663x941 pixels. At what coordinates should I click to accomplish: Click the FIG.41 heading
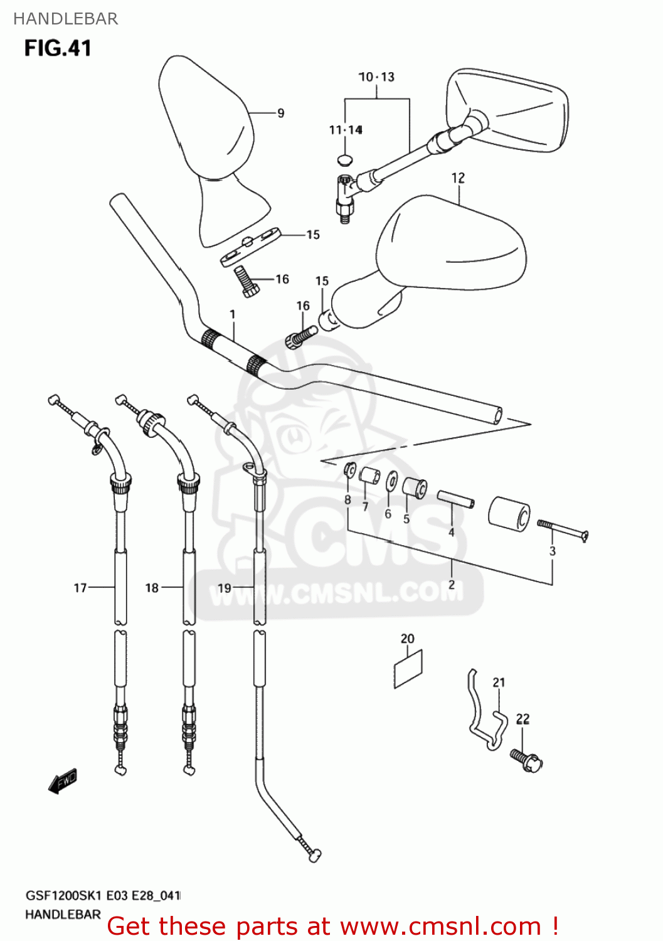point(58,48)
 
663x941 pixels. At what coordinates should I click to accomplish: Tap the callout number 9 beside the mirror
point(280,113)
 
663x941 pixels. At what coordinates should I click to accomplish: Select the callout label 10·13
point(376,77)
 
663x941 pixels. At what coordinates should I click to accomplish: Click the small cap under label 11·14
point(345,159)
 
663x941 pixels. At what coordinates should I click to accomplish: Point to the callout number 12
point(458,178)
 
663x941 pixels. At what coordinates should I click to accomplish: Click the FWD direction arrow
point(63,781)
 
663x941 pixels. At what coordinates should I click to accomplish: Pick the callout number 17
point(80,588)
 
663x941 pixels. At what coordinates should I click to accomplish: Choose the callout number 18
point(152,588)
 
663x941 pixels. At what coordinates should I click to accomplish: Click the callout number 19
point(225,588)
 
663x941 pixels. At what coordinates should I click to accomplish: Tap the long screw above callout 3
point(562,529)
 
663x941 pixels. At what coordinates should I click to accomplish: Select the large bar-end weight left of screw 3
point(509,513)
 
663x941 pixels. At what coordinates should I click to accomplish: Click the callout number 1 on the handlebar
point(233,314)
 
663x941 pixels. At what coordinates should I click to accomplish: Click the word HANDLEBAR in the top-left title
point(66,19)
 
